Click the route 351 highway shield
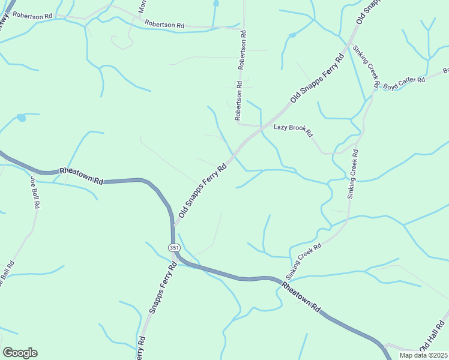(x=173, y=247)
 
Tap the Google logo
(x=20, y=353)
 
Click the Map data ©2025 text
(x=424, y=355)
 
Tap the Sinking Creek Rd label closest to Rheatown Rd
(x=304, y=261)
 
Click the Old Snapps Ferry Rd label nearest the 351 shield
(x=202, y=190)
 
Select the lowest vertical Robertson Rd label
(x=238, y=104)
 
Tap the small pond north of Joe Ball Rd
(x=22, y=118)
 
